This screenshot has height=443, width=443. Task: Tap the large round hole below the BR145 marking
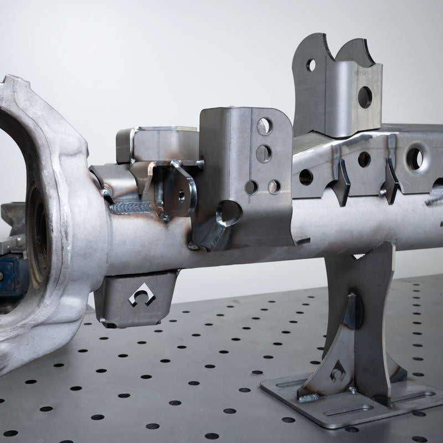click(365, 97)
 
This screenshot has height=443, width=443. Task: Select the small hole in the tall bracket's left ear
click(311, 65)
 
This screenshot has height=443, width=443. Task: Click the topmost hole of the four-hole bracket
click(265, 126)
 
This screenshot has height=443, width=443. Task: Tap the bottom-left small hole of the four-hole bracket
click(253, 187)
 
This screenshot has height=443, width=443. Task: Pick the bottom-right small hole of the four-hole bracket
click(274, 187)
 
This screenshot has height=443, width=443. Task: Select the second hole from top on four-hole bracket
click(264, 153)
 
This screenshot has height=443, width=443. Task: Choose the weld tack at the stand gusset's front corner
click(307, 397)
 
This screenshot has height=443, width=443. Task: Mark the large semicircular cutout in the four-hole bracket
click(229, 213)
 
